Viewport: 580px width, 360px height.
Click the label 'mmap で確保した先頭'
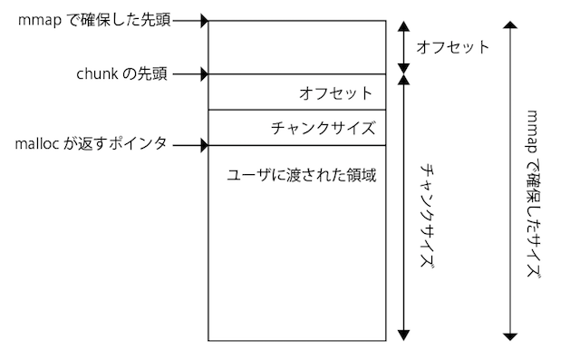100,18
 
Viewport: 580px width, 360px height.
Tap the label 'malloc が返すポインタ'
92,144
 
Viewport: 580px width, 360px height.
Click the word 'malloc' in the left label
37,144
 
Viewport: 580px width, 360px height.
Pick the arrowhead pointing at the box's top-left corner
204,19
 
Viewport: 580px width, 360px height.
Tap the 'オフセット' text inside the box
335,92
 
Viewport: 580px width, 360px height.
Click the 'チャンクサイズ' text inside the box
323,128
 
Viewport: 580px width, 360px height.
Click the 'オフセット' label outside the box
451,46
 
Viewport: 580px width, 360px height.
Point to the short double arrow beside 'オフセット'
401,46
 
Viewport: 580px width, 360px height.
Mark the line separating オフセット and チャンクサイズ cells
296,110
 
